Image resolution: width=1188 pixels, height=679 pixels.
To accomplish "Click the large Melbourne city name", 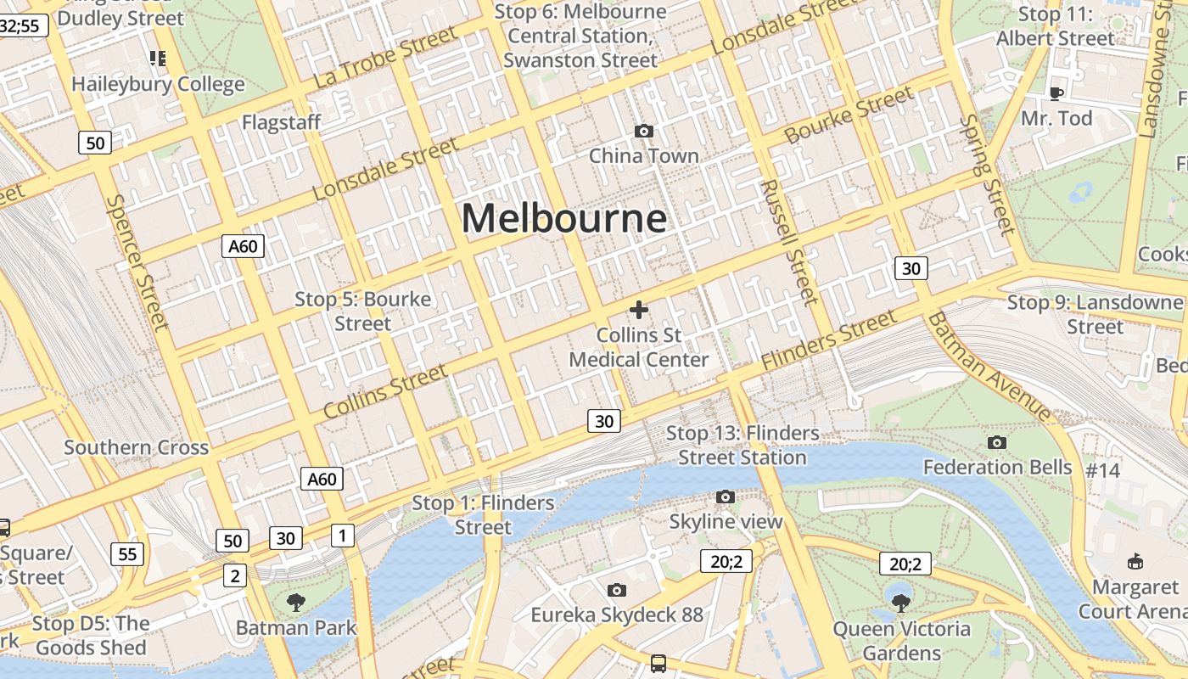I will point(564,219).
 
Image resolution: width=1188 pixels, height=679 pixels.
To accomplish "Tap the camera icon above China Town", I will point(644,131).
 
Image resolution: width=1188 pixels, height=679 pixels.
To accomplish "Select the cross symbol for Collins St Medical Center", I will point(639,311).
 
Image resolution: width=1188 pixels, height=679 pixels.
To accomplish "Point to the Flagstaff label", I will point(282,122).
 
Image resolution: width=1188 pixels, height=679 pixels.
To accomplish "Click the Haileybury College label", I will point(158,84).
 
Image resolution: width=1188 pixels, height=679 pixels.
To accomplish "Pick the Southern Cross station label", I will point(136,447).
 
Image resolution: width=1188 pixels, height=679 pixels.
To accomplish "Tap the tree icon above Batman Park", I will point(296,603).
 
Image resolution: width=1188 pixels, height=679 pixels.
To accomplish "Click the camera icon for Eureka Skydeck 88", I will point(617,590).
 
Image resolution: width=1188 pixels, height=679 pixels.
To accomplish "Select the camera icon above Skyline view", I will point(726,497).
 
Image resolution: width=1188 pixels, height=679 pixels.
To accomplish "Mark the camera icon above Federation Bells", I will point(997,442).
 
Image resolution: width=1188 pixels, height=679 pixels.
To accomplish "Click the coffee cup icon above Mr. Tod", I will point(1056,93).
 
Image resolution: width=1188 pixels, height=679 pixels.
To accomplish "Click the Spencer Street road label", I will point(137,263).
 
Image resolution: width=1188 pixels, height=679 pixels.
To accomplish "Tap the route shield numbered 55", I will point(127,555).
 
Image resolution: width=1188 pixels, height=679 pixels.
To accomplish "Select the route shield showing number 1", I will point(342,536).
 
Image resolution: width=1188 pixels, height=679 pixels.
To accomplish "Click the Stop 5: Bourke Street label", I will point(362,311).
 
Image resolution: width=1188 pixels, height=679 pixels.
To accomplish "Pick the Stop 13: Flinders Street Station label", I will point(742,446).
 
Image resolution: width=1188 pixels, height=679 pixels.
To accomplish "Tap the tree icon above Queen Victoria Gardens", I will point(901,603).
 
